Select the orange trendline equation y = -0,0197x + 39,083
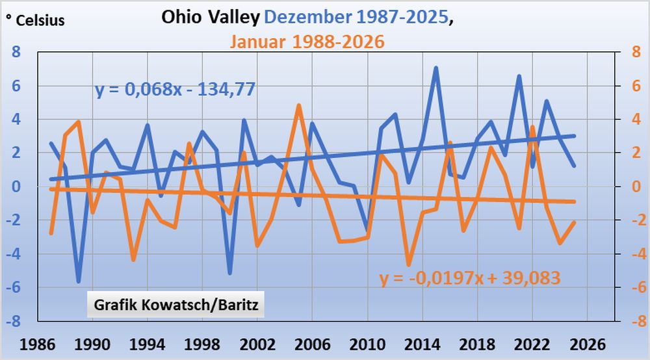point(470,278)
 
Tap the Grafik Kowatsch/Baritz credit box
point(175,304)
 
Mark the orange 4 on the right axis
point(631,119)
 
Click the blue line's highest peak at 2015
point(435,68)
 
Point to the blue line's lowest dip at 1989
point(78,281)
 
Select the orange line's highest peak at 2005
point(298,105)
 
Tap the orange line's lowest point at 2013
point(409,264)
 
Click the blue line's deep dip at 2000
point(229,273)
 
